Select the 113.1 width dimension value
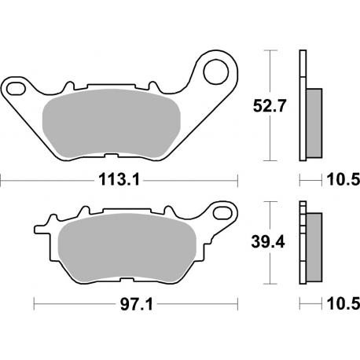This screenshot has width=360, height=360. [x=120, y=180]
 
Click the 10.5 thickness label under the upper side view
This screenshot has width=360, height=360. [x=343, y=180]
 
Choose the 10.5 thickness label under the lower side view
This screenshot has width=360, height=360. [x=343, y=303]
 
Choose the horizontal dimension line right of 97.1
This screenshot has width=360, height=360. [x=189, y=303]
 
